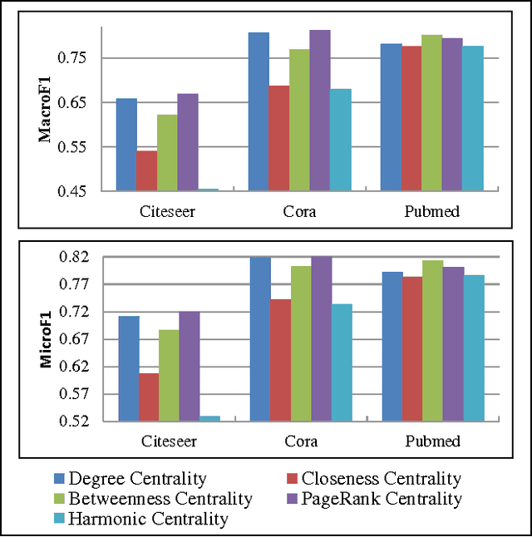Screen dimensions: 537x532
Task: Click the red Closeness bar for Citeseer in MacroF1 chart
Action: [146, 170]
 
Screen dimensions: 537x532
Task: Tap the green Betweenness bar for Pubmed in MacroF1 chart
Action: [431, 112]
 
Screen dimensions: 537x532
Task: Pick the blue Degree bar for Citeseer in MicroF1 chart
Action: [129, 368]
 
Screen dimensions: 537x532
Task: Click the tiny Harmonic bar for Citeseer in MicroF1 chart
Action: [209, 418]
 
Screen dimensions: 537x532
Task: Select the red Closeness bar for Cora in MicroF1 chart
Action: [280, 360]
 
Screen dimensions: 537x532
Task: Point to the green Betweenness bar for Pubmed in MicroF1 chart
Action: [431, 340]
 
